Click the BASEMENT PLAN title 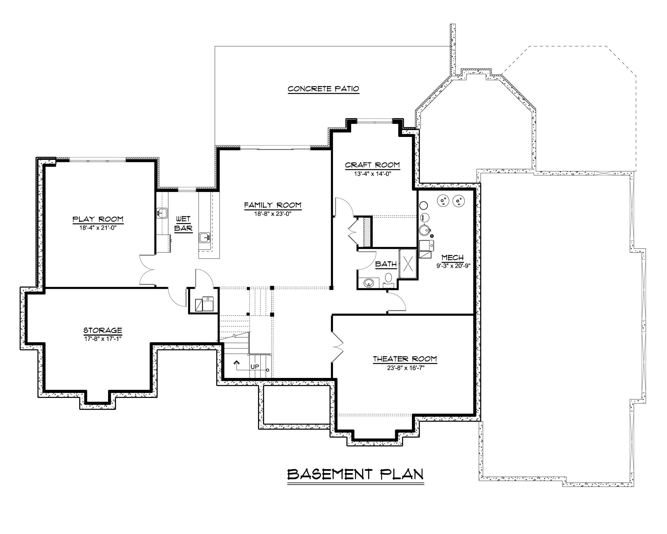pos(355,474)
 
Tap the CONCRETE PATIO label pos(323,89)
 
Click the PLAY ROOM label pos(98,220)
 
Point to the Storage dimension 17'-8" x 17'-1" pos(103,338)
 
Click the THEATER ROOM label pos(405,359)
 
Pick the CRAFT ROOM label pos(372,165)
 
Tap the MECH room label pos(452,257)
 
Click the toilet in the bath pos(388,278)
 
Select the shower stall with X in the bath pos(408,264)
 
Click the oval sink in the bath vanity pos(368,282)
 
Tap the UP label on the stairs pos(255,367)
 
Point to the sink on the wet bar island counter pos(204,238)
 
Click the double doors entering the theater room pos(338,346)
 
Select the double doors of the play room pos(148,269)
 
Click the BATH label pos(386,264)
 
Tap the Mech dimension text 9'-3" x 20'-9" pos(453,266)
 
